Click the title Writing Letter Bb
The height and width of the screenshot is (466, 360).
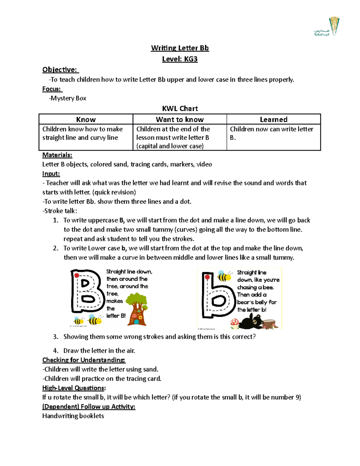(x=180, y=48)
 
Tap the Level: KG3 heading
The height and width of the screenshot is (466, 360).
(x=180, y=59)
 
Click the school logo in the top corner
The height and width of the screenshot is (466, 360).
(x=327, y=27)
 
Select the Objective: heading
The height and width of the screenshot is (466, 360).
(x=60, y=70)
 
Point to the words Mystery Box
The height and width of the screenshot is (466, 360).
(x=68, y=98)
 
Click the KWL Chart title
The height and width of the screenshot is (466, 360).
(x=180, y=109)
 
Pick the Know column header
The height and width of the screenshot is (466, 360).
(x=86, y=119)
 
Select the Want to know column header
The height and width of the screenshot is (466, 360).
(x=180, y=119)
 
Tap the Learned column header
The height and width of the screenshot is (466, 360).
(x=273, y=119)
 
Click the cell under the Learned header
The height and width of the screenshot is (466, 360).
(x=273, y=137)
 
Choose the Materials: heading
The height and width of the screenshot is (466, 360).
(x=57, y=155)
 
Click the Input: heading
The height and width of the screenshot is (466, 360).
(x=51, y=174)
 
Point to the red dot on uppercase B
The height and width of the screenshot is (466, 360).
(x=77, y=275)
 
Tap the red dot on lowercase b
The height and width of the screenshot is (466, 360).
(x=207, y=277)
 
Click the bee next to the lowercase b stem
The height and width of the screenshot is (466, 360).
(x=224, y=276)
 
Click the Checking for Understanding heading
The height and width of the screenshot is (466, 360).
(x=84, y=360)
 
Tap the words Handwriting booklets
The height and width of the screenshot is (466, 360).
(x=73, y=416)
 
